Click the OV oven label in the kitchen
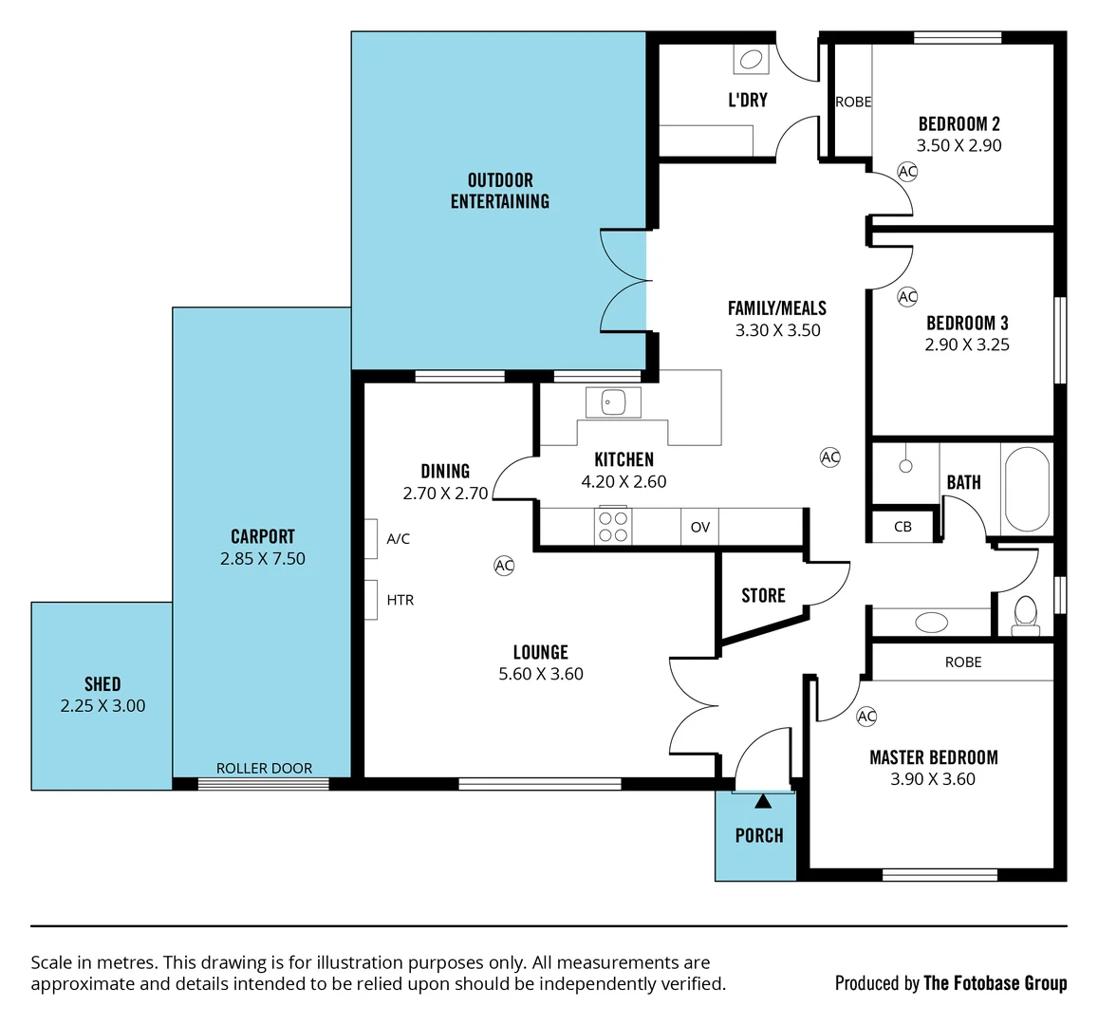[x=700, y=528]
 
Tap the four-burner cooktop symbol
[x=613, y=527]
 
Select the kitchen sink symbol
[x=612, y=402]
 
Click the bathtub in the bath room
[x=1026, y=490]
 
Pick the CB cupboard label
[x=903, y=527]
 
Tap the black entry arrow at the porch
[x=763, y=801]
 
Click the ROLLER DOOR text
[x=264, y=769]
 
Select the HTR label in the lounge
[x=400, y=600]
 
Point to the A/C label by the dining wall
[x=399, y=539]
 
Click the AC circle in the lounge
[x=504, y=566]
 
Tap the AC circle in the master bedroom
[x=866, y=717]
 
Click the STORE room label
[x=763, y=595]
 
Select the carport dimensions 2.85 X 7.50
[x=263, y=559]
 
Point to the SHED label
[x=102, y=683]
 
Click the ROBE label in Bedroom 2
[x=853, y=102]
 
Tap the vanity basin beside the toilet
[x=931, y=623]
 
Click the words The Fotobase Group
[x=995, y=983]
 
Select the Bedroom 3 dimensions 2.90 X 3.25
[x=967, y=345]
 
